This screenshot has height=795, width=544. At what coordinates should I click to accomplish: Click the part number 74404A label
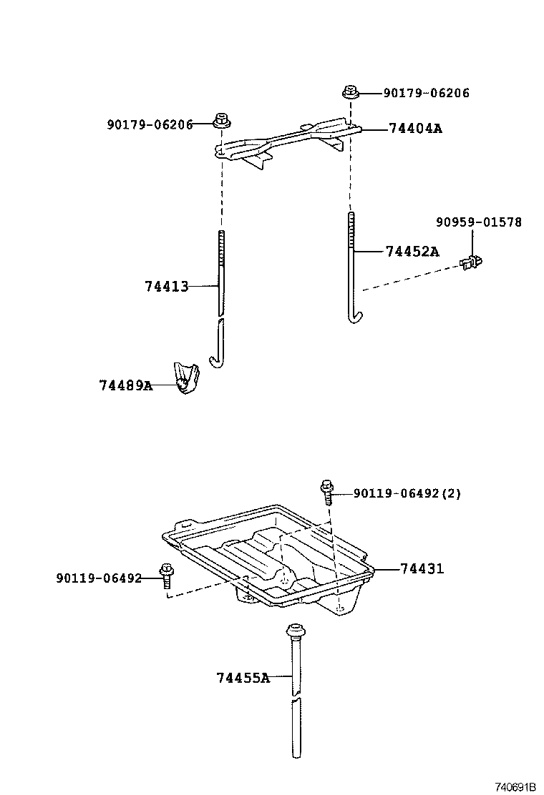[415, 129]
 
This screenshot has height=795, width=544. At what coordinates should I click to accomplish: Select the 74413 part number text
[166, 287]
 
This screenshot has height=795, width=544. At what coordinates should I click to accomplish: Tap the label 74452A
[412, 252]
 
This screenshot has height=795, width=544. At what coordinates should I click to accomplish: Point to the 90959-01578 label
[478, 222]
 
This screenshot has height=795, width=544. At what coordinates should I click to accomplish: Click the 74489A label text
[125, 385]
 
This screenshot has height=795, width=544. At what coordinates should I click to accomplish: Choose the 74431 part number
[422, 569]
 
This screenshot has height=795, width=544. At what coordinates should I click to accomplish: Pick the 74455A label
[243, 677]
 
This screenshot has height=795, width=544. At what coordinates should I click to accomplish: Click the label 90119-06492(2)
[407, 493]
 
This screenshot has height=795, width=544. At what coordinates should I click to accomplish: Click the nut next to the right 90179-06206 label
[351, 92]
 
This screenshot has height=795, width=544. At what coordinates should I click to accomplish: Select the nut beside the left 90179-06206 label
[221, 120]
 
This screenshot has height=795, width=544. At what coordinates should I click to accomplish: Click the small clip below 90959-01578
[471, 263]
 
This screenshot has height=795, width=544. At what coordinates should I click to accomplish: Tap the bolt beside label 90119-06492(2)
[326, 492]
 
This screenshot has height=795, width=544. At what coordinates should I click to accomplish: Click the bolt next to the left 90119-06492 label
[167, 575]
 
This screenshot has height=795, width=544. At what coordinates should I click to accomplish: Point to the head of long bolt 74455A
[295, 631]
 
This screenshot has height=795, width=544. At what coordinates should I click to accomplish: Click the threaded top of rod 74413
[221, 243]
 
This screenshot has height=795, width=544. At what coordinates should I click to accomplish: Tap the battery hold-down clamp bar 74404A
[286, 139]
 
